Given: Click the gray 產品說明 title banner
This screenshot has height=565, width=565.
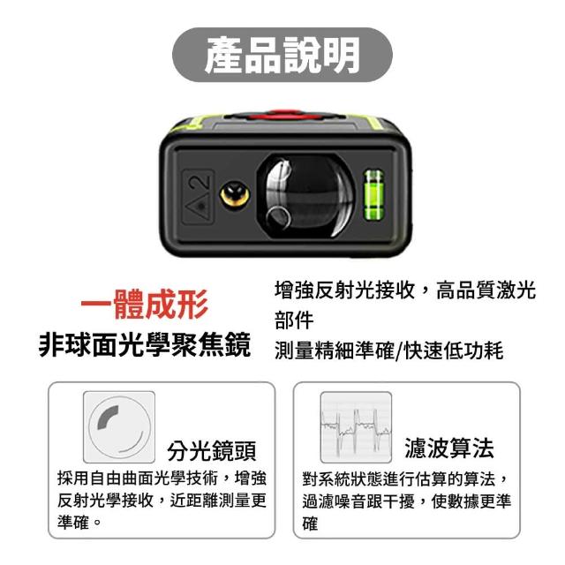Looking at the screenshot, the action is [282, 55].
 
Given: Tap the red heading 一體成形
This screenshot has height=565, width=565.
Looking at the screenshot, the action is [145, 305].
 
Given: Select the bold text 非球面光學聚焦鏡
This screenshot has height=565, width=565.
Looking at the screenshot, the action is [145, 344].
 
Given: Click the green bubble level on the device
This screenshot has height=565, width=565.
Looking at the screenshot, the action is [373, 195].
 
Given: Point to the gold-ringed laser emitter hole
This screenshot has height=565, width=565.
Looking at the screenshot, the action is [235, 195].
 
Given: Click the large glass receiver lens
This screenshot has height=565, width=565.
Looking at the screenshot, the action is [306, 197].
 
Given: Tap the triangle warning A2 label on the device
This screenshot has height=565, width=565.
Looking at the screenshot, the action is [198, 197].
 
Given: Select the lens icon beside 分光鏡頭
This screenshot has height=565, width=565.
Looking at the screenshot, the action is [119, 426].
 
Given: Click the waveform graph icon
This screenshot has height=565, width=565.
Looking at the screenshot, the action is [356, 427].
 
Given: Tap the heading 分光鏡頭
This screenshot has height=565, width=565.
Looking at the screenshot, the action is [212, 450].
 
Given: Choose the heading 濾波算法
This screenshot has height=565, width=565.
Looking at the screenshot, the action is [449, 448].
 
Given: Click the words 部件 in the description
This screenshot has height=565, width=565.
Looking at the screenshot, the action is [294, 320].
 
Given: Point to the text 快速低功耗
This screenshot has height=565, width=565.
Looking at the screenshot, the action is [454, 350].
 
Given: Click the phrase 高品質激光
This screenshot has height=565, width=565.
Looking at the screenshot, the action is [486, 290].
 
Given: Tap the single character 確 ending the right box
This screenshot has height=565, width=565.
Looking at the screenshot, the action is [310, 524].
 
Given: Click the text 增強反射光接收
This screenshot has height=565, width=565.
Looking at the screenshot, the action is [345, 290].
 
